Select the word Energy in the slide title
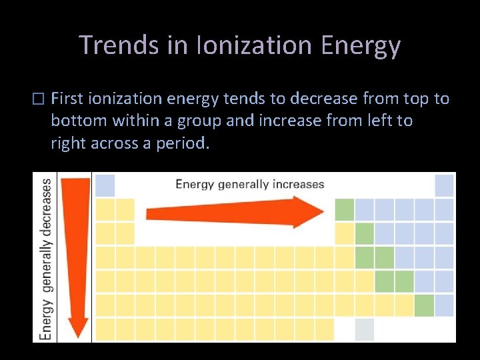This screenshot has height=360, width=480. pyautogui.click(x=361, y=45)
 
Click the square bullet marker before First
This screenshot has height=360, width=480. pyautogui.click(x=37, y=99)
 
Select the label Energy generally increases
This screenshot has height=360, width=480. pyautogui.click(x=249, y=184)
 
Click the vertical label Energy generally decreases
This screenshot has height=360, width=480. pyautogui.click(x=47, y=259)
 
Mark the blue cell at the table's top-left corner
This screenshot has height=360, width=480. pyautogui.click(x=105, y=185)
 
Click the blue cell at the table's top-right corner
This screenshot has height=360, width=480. pyautogui.click(x=444, y=185)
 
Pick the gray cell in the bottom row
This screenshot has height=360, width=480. pyautogui.click(x=364, y=329)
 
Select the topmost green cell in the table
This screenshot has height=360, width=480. pyautogui.click(x=344, y=209)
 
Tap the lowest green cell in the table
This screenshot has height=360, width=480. pyautogui.click(x=424, y=305)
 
